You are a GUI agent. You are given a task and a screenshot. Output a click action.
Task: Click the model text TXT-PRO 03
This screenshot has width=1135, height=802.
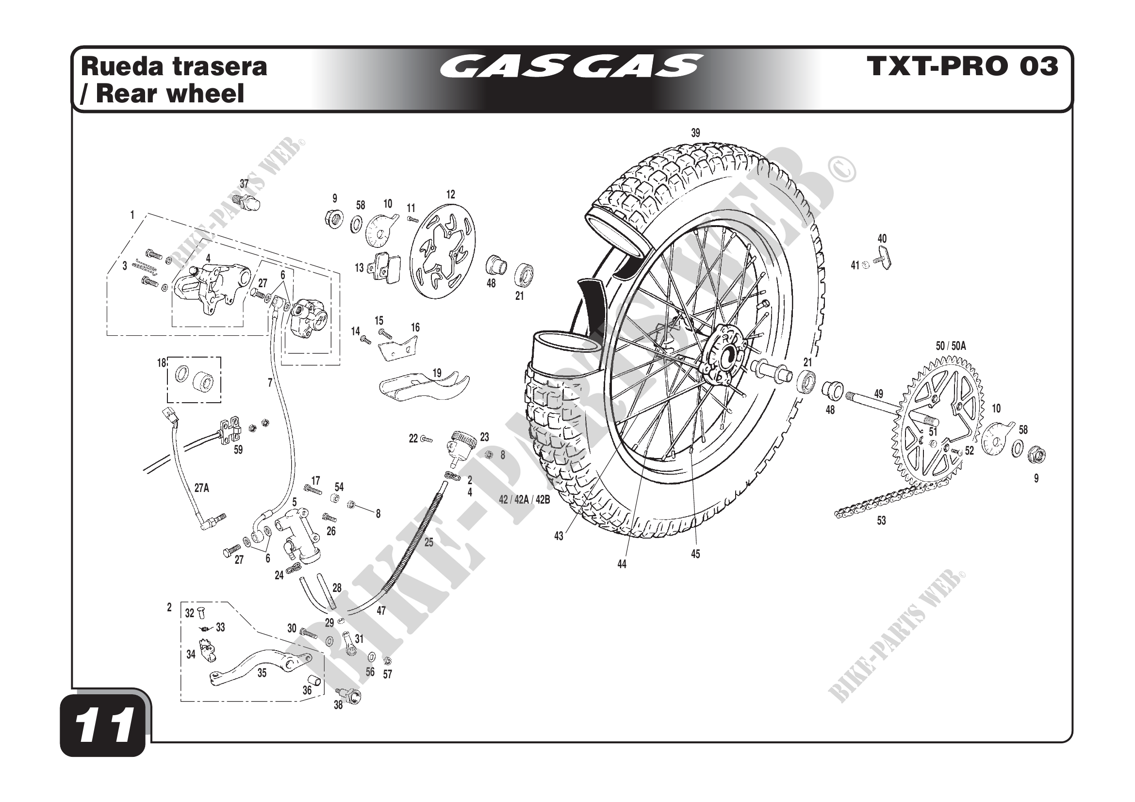tap(962, 66)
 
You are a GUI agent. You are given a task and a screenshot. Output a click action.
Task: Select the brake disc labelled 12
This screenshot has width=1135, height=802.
tap(443, 251)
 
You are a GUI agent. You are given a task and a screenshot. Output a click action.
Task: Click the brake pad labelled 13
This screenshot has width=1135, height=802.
tap(388, 267)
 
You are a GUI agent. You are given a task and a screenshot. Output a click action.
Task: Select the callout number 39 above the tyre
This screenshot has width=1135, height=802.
tap(695, 133)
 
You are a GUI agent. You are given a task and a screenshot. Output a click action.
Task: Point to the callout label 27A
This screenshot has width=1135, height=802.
tap(201, 488)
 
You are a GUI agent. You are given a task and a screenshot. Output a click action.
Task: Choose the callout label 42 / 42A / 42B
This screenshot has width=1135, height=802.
tap(524, 500)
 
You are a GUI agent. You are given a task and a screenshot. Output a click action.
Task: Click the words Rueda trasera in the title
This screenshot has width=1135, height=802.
tap(174, 66)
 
